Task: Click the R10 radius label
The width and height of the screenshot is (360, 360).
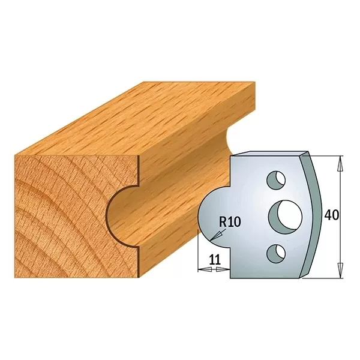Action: coord(229,221)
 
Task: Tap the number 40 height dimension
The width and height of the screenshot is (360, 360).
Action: coord(331,214)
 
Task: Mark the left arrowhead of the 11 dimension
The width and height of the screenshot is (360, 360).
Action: coord(200,270)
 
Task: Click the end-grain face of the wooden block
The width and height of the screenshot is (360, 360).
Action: coord(60,210)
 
